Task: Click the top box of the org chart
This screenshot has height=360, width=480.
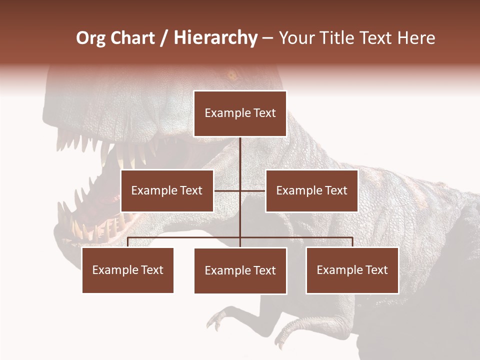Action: [240, 113]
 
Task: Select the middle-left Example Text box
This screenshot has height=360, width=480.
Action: [167, 190]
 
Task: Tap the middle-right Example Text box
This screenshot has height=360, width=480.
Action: [311, 190]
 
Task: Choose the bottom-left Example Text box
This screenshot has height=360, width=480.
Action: [128, 270]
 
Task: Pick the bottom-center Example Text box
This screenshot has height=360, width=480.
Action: [240, 270]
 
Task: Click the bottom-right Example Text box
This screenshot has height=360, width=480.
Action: [352, 270]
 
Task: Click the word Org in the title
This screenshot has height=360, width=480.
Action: [90, 38]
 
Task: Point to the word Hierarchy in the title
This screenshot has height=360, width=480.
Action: [215, 38]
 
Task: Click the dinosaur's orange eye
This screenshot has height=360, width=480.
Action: [231, 76]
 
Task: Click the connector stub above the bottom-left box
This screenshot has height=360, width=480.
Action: [128, 242]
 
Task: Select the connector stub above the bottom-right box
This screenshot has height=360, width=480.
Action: [352, 242]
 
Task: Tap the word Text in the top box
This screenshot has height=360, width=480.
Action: [264, 113]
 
